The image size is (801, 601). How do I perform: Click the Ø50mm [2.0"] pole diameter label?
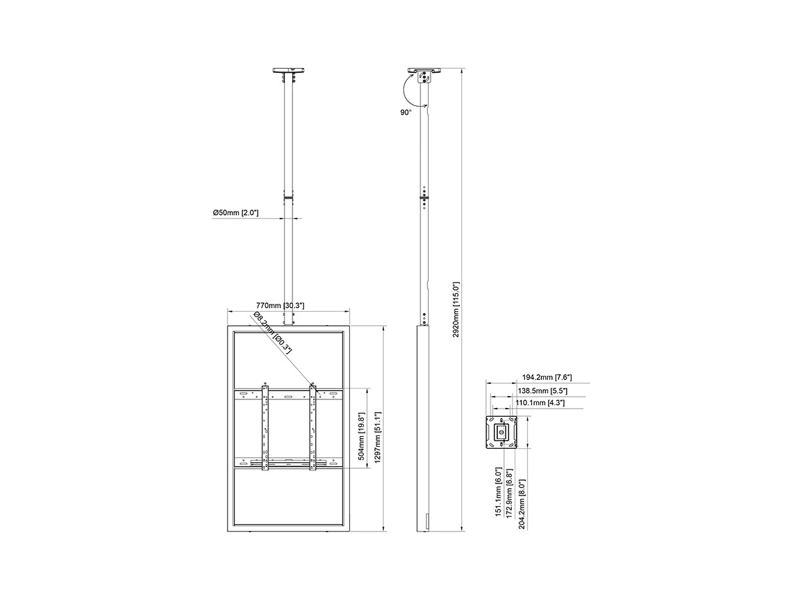[x=236, y=212]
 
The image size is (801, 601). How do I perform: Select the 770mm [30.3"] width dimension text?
[x=280, y=305]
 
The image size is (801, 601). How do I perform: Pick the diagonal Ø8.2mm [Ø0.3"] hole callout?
[x=272, y=333]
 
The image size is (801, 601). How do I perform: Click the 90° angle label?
[x=405, y=112]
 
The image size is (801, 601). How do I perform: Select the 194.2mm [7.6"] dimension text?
[x=547, y=377]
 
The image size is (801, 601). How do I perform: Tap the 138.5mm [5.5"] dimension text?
[x=543, y=391]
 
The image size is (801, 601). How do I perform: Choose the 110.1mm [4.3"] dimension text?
[x=540, y=403]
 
